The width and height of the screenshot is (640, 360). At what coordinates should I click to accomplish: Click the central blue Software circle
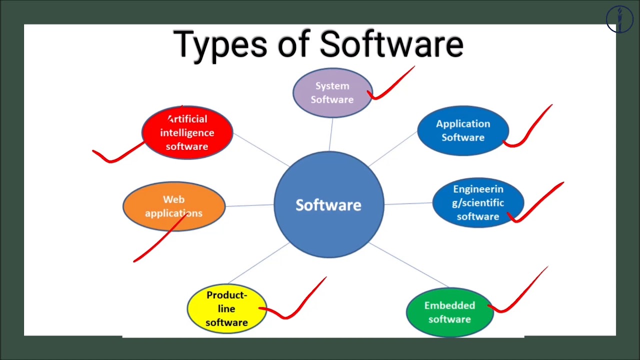(x=328, y=204)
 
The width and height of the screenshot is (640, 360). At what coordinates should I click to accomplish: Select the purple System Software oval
(x=332, y=93)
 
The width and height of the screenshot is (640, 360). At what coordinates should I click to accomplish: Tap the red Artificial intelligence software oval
(x=187, y=132)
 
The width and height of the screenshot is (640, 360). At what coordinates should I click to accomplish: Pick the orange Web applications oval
(x=173, y=206)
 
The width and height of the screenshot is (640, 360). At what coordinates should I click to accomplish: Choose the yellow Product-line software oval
(x=226, y=308)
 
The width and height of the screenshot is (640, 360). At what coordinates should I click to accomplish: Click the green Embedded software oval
(x=449, y=312)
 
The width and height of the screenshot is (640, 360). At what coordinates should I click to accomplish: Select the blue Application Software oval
(x=462, y=130)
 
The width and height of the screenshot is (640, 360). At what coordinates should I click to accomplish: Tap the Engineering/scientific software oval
(x=477, y=202)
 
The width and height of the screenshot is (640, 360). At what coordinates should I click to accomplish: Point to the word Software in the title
(x=391, y=44)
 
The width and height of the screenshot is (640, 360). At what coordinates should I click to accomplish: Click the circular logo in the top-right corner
(x=619, y=19)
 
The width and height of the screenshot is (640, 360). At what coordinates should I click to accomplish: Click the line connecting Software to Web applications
(x=249, y=205)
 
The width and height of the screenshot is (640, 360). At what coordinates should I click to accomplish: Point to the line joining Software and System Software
(x=331, y=134)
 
